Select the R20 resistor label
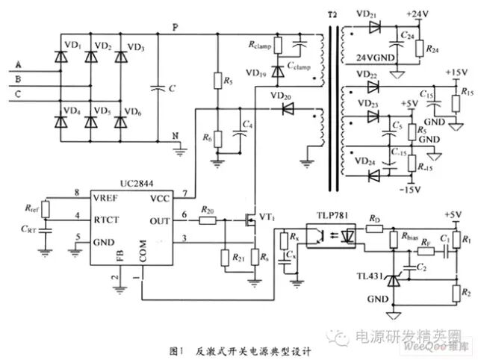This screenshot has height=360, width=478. click(207, 211)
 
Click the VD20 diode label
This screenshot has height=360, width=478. click(280, 96)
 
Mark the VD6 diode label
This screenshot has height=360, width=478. click(133, 112)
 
